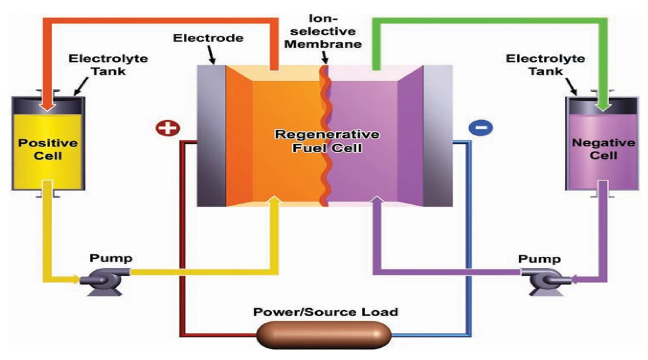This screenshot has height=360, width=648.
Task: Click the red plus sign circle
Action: pos(168,128)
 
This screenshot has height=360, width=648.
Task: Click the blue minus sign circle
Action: pos(481,127)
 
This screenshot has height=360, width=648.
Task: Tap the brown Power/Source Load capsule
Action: pos(324,335)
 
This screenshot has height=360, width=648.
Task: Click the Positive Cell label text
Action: pos(47,149)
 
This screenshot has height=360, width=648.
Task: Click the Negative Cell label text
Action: pos(603,149)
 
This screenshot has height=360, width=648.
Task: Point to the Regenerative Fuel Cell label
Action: pos(327,141)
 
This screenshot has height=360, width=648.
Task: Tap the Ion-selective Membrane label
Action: pos(323,31)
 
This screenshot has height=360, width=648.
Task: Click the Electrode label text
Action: pos(208,38)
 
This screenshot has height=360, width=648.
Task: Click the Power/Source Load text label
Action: pos(325,312)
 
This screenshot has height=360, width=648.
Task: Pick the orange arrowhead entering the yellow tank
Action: pos(47,105)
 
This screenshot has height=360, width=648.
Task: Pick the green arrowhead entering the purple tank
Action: pos(603,105)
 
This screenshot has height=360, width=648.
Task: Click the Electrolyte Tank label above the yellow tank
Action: pos(108,65)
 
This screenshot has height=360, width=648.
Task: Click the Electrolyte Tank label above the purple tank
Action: pos(545,65)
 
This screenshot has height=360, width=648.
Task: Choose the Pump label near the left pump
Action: pos(111,258)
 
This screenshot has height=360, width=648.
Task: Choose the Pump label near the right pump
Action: pos(539,259)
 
